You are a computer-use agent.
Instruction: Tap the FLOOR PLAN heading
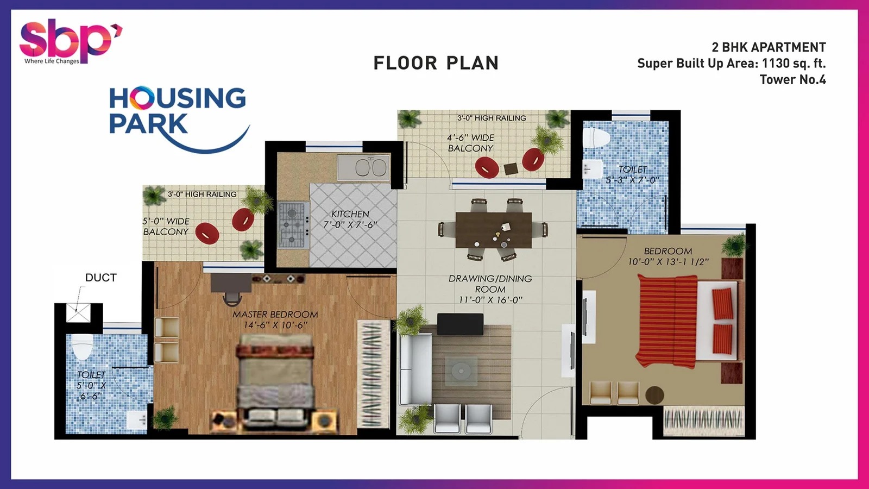436,63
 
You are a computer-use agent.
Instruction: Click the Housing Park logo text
178,111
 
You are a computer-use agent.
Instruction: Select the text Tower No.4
792,79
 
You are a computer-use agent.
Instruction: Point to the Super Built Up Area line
732,63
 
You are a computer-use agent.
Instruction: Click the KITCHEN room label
350,214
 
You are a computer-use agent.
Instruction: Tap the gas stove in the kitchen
293,225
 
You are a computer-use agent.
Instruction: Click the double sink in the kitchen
363,168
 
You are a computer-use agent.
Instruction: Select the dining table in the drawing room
494,230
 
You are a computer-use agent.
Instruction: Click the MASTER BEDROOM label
275,315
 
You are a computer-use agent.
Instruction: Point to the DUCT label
101,278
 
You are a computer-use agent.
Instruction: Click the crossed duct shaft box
78,313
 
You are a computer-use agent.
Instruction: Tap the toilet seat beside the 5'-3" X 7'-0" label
597,138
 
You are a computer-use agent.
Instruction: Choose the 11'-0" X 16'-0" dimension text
490,300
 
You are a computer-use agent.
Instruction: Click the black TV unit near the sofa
460,324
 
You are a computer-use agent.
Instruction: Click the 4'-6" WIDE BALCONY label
470,143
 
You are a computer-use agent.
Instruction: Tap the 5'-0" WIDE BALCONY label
166,226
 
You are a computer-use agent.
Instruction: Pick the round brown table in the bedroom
655,395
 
